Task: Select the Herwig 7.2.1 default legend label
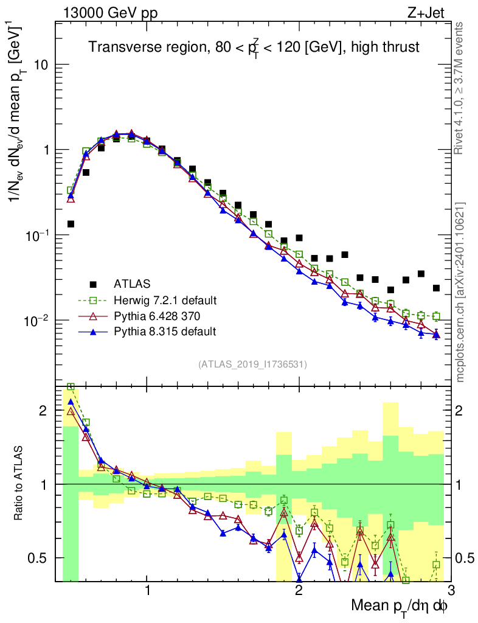165,300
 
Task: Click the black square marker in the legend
93,284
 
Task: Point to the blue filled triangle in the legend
93,331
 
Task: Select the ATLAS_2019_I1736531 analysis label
252,364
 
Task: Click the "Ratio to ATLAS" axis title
19,484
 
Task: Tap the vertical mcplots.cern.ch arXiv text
461,292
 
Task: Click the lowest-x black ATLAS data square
71,224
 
